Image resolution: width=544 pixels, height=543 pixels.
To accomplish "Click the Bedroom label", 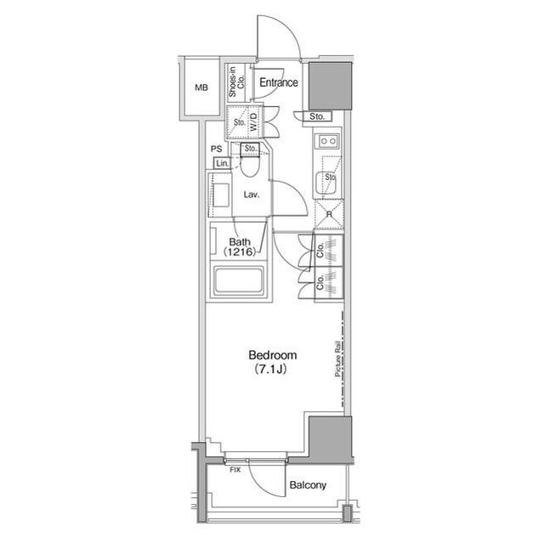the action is pyautogui.click(x=273, y=355).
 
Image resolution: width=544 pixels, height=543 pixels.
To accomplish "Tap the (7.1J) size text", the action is pyautogui.click(x=270, y=369).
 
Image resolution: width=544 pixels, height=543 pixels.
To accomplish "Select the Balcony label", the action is pyautogui.click(x=308, y=485).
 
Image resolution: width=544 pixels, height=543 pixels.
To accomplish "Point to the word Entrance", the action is pyautogui.click(x=279, y=82).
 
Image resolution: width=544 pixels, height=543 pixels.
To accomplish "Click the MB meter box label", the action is pyautogui.click(x=201, y=88).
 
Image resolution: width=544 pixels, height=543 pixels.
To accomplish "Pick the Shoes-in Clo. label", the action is pyautogui.click(x=236, y=82).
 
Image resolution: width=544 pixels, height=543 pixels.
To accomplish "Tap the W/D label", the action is pyautogui.click(x=254, y=122).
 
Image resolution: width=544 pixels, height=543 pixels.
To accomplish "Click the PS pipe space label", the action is pyautogui.click(x=217, y=149).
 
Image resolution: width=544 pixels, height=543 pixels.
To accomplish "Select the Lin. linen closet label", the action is pyautogui.click(x=223, y=163).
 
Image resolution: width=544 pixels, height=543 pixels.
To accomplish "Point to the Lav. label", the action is pyautogui.click(x=252, y=195).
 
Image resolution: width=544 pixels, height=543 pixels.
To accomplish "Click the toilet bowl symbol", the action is pyautogui.click(x=250, y=167).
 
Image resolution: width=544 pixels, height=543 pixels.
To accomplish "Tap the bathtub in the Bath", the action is pyautogui.click(x=239, y=280).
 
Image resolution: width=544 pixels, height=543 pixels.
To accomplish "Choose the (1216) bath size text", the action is pyautogui.click(x=240, y=252).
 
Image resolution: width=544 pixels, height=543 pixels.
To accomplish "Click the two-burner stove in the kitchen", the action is pyautogui.click(x=328, y=141).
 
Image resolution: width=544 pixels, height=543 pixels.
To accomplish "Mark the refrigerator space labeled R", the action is pyautogui.click(x=329, y=215).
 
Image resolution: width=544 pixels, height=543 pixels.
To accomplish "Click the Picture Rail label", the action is pyautogui.click(x=337, y=359).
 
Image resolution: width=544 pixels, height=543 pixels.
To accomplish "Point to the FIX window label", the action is pyautogui.click(x=235, y=470).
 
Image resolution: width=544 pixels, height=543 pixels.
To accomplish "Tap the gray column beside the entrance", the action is pyautogui.click(x=330, y=87).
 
